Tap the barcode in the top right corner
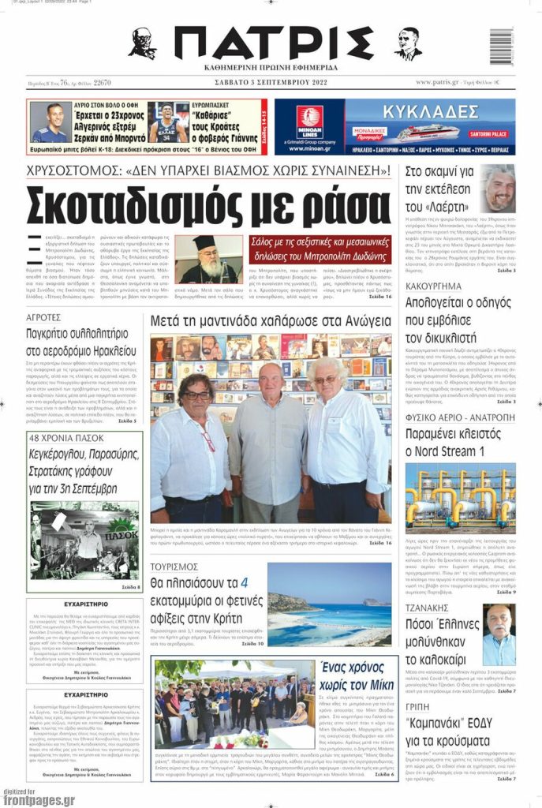click(500, 47)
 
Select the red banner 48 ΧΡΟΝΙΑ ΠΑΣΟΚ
click(69, 438)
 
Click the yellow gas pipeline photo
click(460, 497)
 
